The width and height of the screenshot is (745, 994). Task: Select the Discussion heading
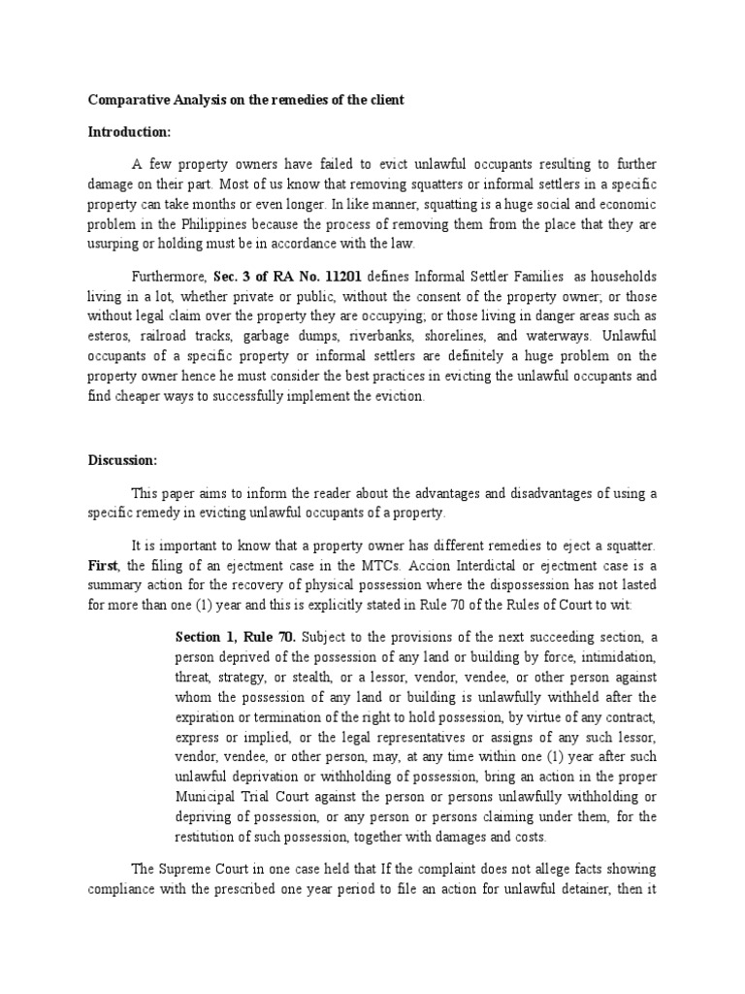point(122,460)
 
